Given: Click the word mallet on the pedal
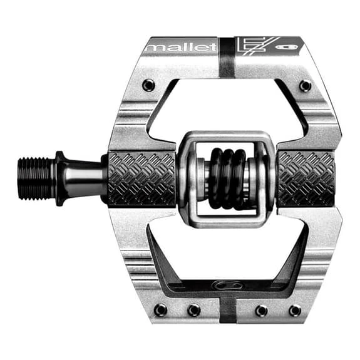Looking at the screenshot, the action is pyautogui.click(x=182, y=47).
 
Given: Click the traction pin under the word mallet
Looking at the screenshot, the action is pyautogui.click(x=148, y=85).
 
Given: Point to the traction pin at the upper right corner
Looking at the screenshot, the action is pyautogui.click(x=306, y=86).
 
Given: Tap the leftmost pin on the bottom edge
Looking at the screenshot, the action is pyautogui.click(x=160, y=310).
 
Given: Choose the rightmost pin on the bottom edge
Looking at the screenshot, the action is pyautogui.click(x=294, y=311).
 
